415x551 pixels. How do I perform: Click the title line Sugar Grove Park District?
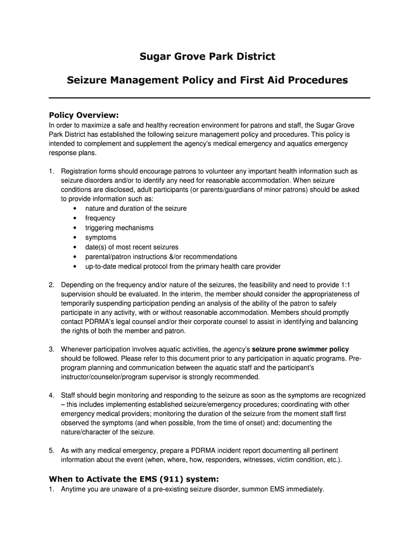point(207,56)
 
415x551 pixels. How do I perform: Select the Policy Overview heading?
point(84,115)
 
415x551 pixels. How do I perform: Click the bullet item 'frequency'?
point(100,218)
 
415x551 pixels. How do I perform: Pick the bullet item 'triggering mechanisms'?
point(119,228)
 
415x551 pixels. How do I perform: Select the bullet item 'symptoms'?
point(101,238)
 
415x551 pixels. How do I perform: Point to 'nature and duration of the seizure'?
point(136,209)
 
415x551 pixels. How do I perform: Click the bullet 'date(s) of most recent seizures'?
point(132,248)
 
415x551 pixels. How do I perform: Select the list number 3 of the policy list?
point(51,349)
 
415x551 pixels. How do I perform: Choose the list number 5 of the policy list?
point(51,450)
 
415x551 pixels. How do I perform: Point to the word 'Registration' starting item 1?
point(81,171)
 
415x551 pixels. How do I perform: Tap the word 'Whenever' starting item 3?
point(77,349)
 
